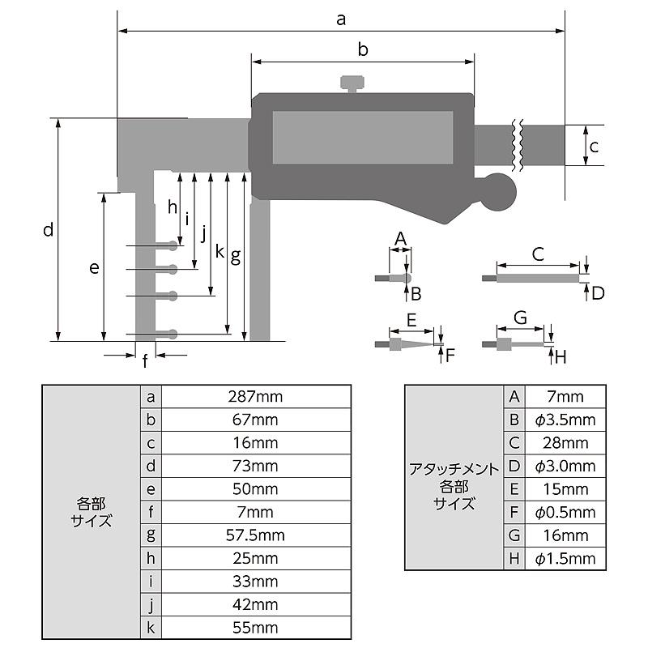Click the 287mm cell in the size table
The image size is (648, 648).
click(x=257, y=397)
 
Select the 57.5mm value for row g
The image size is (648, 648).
click(x=257, y=535)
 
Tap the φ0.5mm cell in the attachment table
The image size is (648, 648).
click(x=565, y=512)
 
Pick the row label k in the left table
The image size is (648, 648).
click(x=151, y=628)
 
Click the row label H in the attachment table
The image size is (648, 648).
click(x=514, y=558)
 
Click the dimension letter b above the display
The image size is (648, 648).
click(x=363, y=49)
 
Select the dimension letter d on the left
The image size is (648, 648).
click(x=49, y=230)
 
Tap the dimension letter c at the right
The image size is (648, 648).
click(x=594, y=147)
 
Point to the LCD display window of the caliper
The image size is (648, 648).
click(x=362, y=137)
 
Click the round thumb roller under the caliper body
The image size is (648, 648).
click(x=496, y=195)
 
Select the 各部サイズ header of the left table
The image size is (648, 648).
click(x=91, y=512)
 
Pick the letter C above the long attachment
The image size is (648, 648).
click(x=538, y=254)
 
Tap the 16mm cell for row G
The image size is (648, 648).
click(x=565, y=535)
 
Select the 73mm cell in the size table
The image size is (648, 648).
click(x=257, y=466)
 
